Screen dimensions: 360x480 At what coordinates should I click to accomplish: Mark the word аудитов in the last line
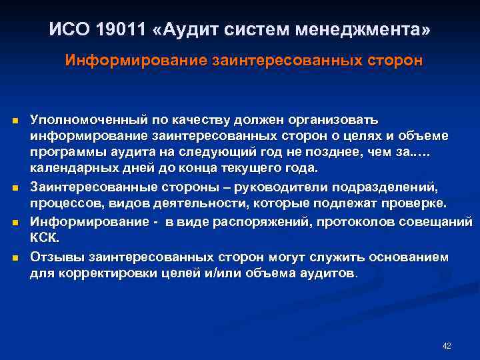pos(331,273)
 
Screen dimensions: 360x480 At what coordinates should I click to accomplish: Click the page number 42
pos(447,346)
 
